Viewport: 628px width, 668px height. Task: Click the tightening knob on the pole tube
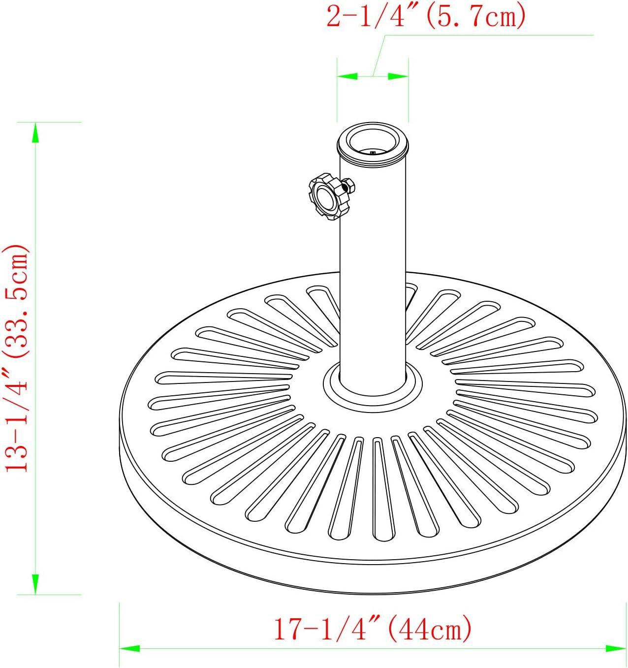click(325, 196)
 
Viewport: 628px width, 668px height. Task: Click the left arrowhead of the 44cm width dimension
click(129, 648)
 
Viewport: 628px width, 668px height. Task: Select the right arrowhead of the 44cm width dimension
click(616, 648)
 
